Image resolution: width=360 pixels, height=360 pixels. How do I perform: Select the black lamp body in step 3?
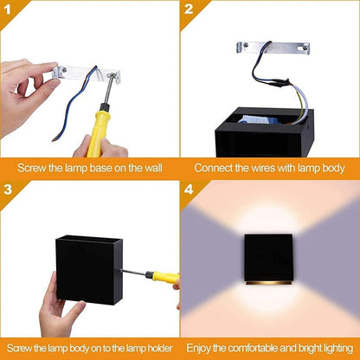(93, 267)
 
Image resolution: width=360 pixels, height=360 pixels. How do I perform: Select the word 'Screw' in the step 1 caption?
(32, 168)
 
